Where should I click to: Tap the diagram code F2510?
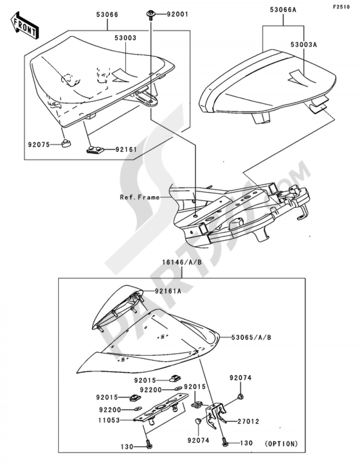coord(341,6)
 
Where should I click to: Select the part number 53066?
coord(107,15)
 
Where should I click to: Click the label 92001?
coord(177,15)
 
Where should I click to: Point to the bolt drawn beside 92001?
coord(150,15)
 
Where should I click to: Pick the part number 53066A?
coord(283,10)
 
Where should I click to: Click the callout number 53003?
coord(126,37)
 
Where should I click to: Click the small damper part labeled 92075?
coord(66,144)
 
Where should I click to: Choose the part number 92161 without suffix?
coord(126,149)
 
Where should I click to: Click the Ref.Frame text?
coord(140,197)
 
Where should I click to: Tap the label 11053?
coord(108,420)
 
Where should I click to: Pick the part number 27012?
coord(248,421)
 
